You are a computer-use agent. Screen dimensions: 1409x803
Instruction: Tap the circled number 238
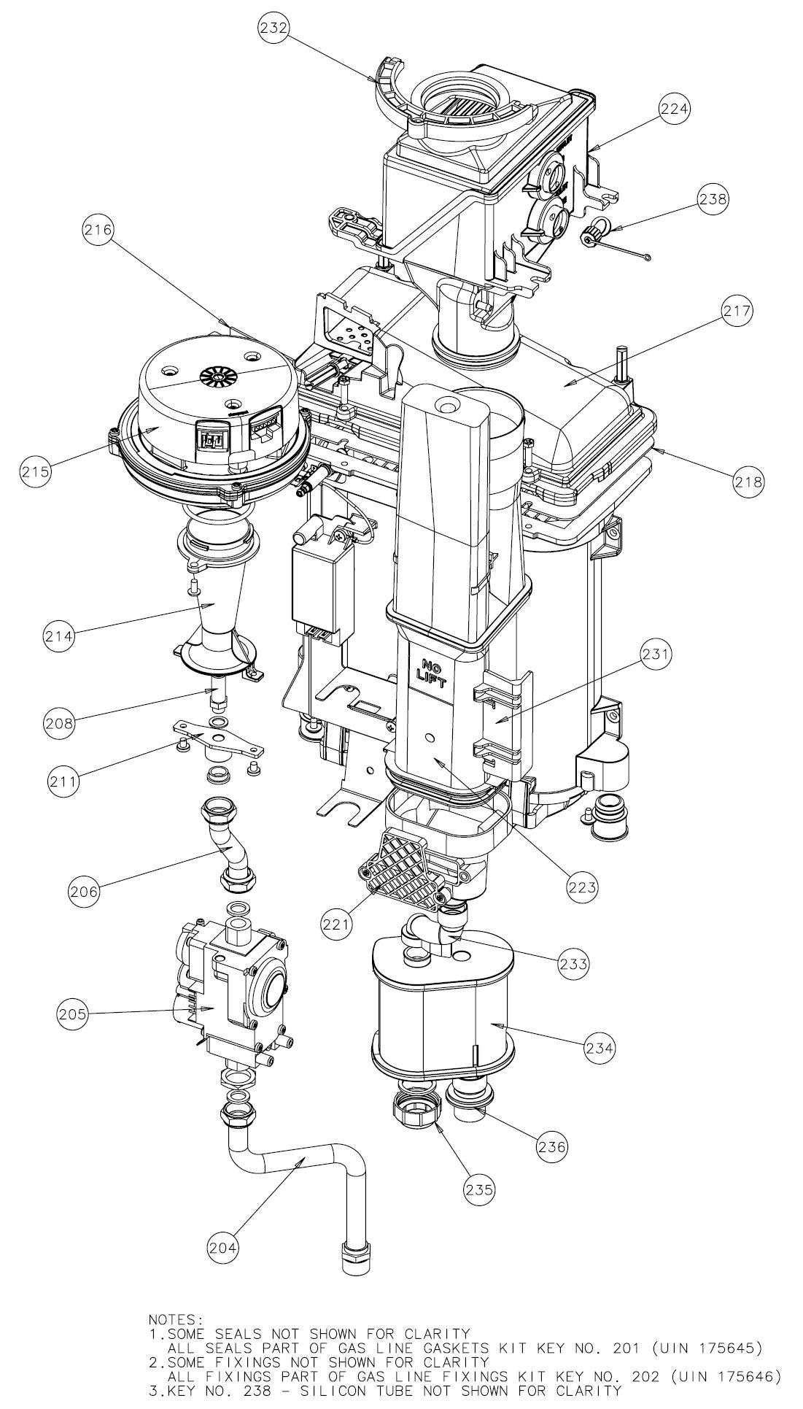click(713, 198)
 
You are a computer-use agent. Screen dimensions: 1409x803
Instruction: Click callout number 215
click(36, 470)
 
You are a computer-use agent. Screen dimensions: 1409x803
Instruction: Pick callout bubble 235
click(479, 1189)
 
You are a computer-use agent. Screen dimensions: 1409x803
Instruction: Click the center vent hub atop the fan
click(217, 379)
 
